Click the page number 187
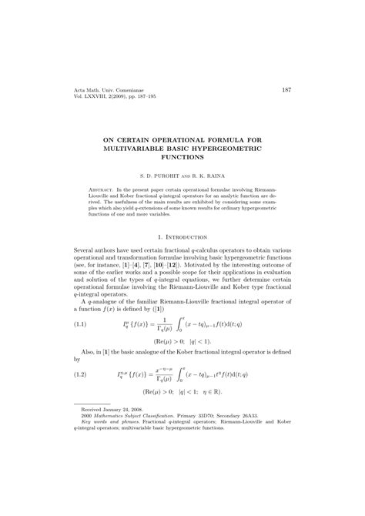pyautogui.click(x=286, y=90)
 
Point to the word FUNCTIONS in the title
pyautogui.click(x=182, y=156)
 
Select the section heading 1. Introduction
pyautogui.click(x=182, y=239)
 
